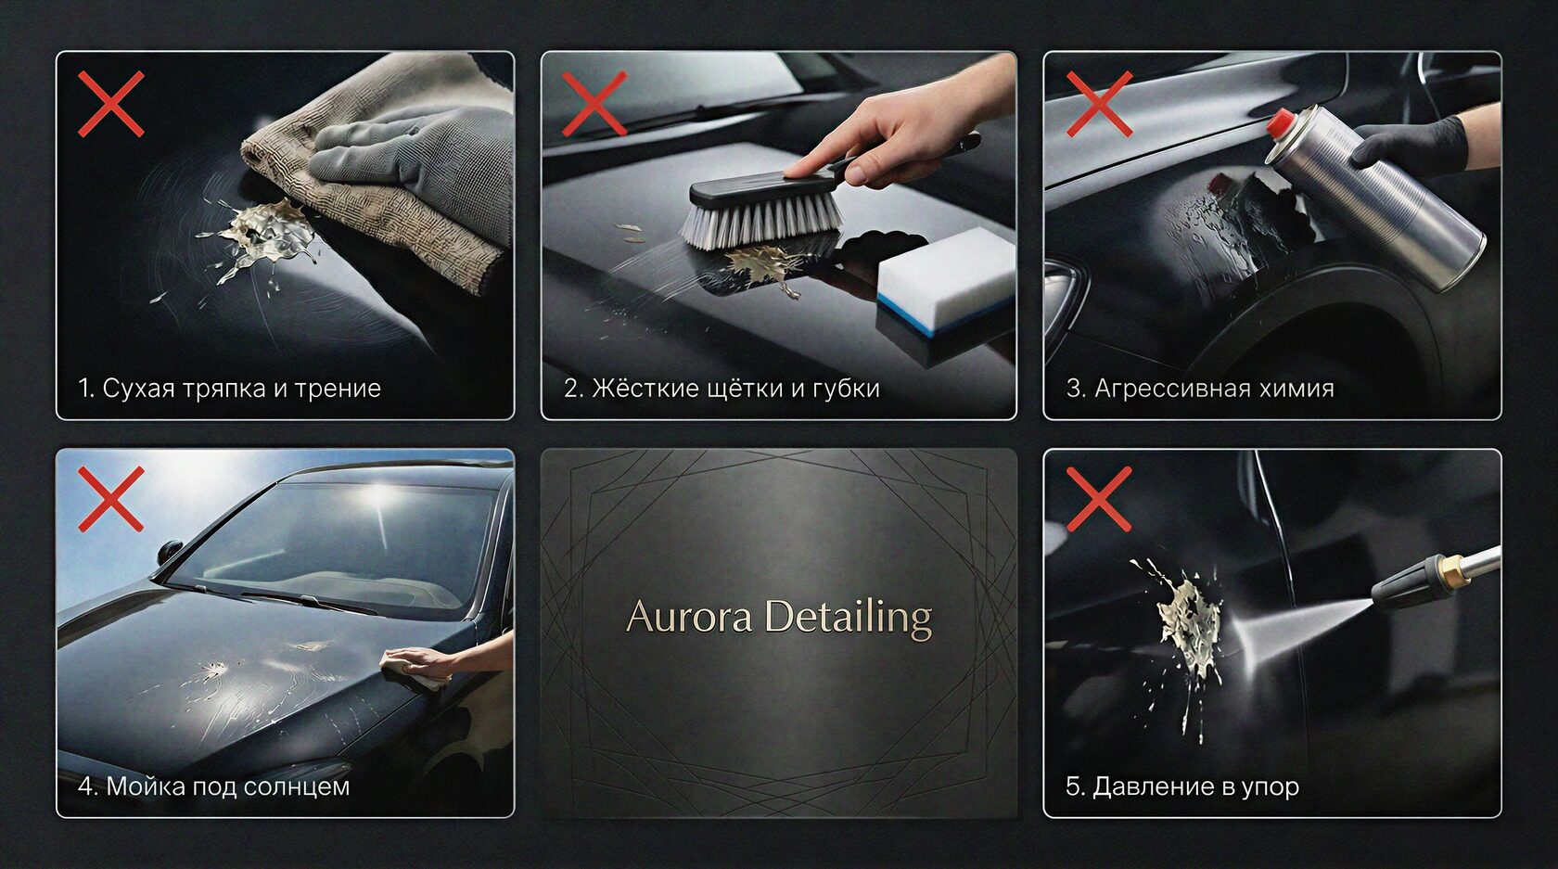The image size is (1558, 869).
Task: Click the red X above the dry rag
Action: click(111, 104)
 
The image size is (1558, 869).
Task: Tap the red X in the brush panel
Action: click(594, 104)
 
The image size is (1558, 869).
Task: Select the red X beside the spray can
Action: click(1099, 104)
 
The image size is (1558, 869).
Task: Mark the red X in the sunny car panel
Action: click(111, 499)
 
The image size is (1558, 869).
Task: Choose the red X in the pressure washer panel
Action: click(1099, 499)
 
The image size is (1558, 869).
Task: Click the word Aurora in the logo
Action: click(688, 617)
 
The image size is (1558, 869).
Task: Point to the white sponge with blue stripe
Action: click(946, 282)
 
